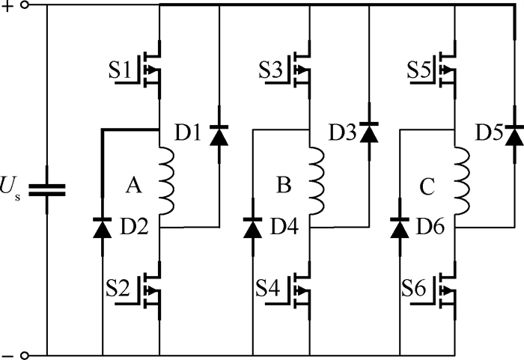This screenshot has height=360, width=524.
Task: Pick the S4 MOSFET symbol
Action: click(303, 291)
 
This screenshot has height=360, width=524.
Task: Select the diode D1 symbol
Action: click(219, 135)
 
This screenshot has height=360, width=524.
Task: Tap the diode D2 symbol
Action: click(102, 226)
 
